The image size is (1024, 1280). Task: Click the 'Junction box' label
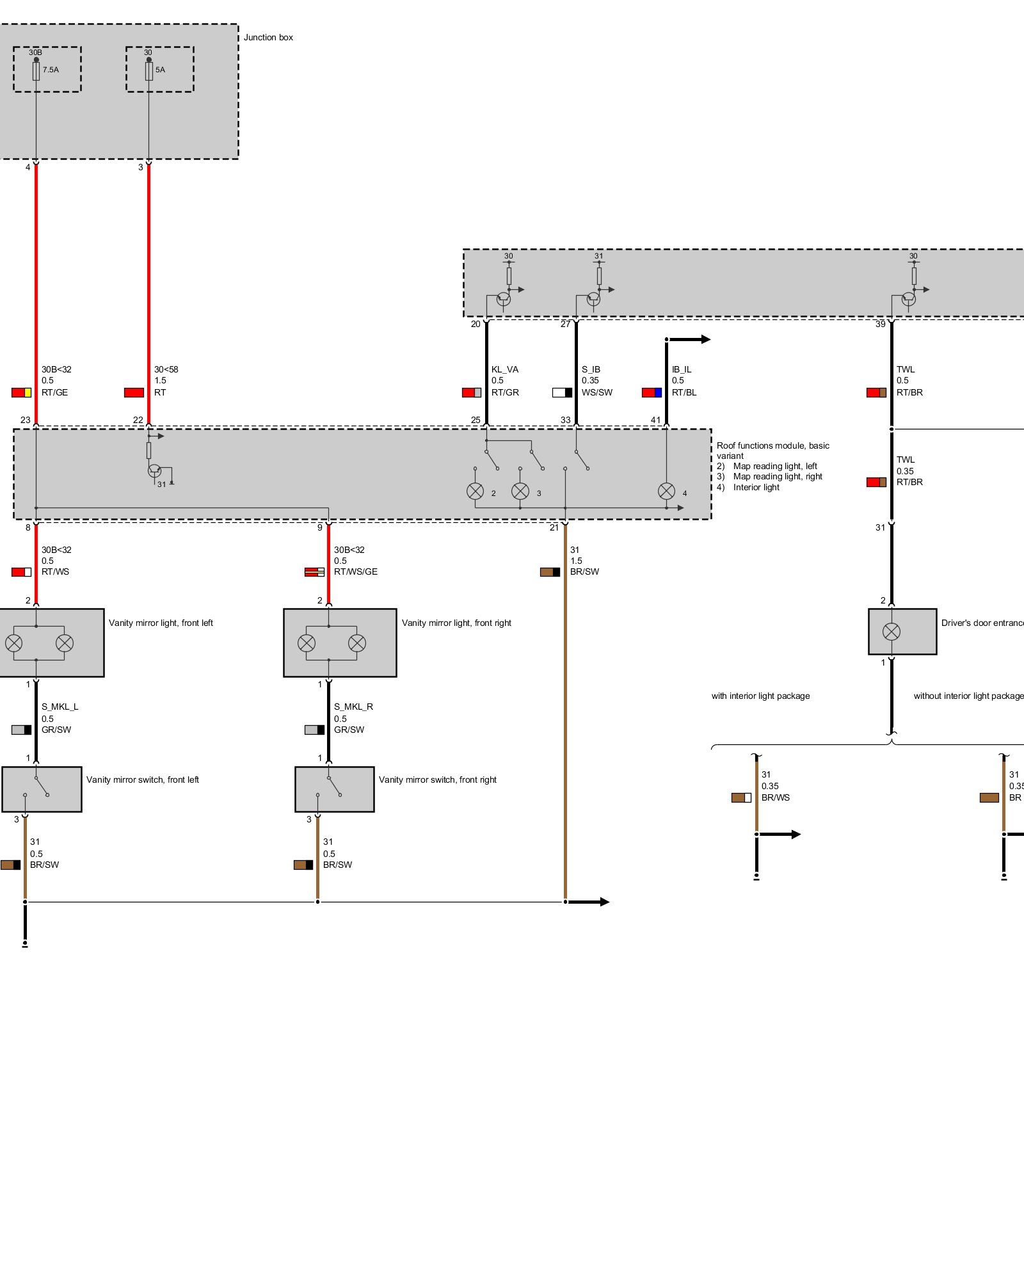pos(268,37)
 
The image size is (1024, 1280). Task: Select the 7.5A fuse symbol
pos(36,71)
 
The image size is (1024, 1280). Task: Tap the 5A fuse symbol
pos(149,71)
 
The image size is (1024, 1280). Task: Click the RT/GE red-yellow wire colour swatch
pos(21,392)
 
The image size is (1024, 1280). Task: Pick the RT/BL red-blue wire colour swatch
pos(652,392)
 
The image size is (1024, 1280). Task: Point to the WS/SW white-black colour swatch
pos(562,392)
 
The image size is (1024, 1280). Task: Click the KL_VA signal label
pos(504,369)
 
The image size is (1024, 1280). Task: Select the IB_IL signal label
pos(682,369)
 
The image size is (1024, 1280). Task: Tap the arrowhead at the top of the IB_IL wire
pos(705,339)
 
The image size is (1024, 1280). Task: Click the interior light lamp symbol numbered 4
pos(666,491)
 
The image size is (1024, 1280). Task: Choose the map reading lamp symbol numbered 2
pos(475,491)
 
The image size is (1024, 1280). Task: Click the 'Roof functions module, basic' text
pos(772,445)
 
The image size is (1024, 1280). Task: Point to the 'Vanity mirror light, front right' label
pos(456,623)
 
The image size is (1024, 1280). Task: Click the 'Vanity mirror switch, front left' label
pos(142,780)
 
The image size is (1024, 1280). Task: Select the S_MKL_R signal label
pos(353,707)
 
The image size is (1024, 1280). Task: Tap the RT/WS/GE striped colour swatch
pos(314,572)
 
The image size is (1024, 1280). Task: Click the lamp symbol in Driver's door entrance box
pos(891,632)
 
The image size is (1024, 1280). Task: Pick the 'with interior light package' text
pos(760,696)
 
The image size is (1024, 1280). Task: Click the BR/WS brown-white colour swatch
pos(741,797)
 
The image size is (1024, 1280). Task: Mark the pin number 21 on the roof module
pos(554,527)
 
